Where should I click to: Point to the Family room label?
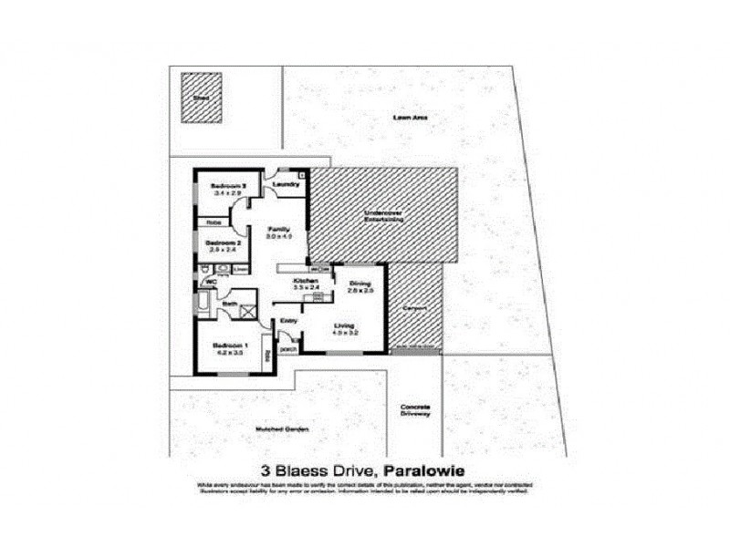pyautogui.click(x=278, y=229)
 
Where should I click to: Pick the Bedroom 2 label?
pyautogui.click(x=224, y=243)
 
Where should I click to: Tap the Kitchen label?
pyautogui.click(x=304, y=281)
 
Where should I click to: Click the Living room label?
pyautogui.click(x=343, y=325)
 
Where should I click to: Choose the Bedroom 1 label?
pyautogui.click(x=227, y=345)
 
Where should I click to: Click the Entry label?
pyautogui.click(x=288, y=320)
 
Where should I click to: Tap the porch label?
pyautogui.click(x=287, y=348)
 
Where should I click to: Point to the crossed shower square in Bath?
pyautogui.click(x=248, y=309)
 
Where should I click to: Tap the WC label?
pyautogui.click(x=210, y=283)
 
